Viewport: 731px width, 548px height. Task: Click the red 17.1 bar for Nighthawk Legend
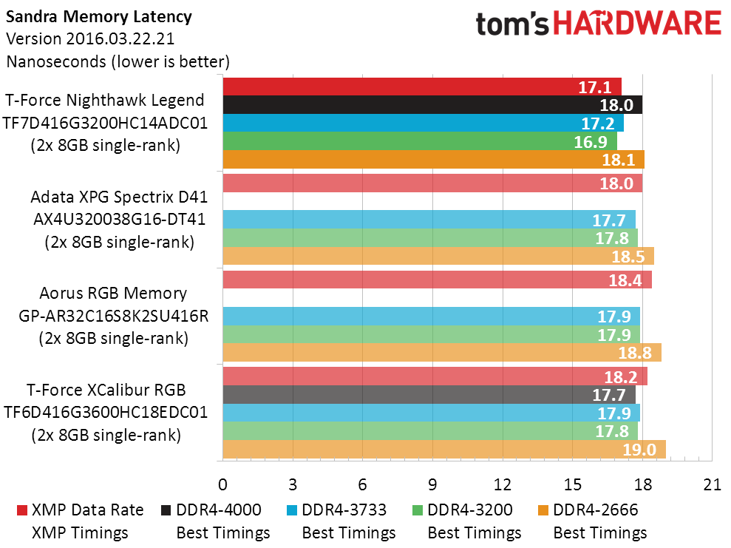(422, 87)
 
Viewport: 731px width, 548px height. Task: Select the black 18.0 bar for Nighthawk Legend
(432, 105)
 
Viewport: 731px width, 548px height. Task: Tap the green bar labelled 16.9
(420, 141)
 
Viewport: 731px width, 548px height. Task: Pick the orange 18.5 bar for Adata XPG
(438, 256)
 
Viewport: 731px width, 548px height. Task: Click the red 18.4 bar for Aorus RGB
(438, 280)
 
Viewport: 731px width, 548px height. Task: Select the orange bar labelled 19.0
(444, 449)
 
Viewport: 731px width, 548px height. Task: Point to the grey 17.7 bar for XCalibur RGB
(429, 395)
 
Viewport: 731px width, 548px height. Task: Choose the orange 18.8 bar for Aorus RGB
(442, 353)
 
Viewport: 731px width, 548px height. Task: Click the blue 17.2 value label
(598, 124)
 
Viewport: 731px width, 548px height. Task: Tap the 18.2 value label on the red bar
(621, 377)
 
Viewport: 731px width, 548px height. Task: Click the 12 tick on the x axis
(503, 485)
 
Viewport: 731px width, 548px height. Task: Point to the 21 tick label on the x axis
(713, 485)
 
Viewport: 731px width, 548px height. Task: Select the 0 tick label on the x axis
(222, 485)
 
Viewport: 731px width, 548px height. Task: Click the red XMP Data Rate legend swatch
(22, 510)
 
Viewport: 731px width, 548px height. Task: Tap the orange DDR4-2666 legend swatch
(543, 510)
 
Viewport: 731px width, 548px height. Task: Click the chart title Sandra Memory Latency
(99, 17)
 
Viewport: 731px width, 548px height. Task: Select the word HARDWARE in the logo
(637, 24)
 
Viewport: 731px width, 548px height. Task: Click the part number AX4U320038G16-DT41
(119, 219)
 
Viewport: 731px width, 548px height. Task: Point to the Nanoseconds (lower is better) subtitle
(118, 61)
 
